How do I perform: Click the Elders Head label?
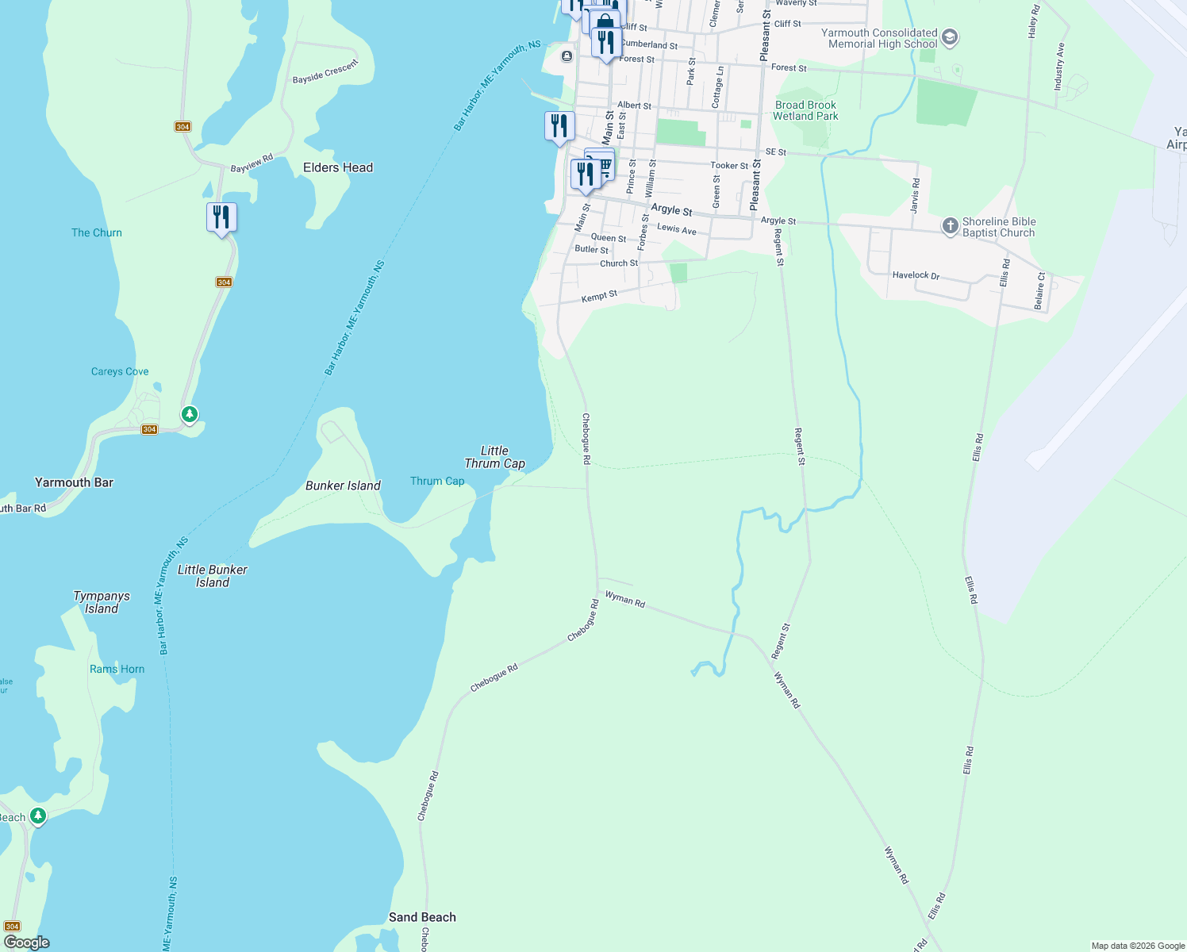[338, 167]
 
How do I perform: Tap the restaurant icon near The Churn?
[221, 217]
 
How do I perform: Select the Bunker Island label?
[343, 486]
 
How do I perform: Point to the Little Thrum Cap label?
[494, 457]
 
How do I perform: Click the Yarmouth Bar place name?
[74, 482]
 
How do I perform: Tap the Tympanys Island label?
[102, 602]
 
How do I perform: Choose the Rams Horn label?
[117, 669]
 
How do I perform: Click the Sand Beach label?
[422, 917]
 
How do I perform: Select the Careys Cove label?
[120, 371]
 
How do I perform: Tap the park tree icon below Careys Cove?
[189, 414]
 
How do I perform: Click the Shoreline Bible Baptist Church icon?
[950, 226]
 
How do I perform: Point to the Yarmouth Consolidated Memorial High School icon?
[950, 38]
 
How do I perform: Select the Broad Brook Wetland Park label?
[805, 110]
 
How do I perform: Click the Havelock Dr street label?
[916, 275]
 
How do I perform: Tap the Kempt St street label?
[599, 296]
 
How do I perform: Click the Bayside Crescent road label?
[325, 71]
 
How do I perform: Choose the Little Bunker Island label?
[213, 576]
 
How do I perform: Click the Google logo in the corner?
[27, 942]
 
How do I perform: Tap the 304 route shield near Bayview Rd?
[183, 127]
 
